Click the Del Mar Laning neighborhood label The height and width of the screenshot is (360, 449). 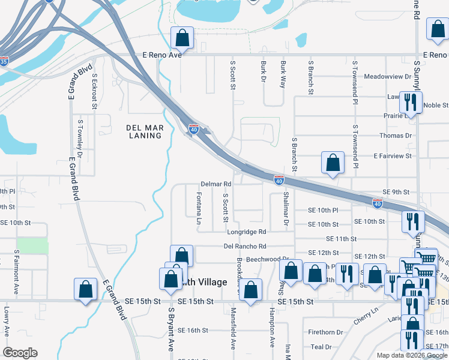pos(145,131)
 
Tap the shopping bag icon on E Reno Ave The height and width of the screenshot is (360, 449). pos(182,38)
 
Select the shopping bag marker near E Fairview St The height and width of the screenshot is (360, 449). pos(333,163)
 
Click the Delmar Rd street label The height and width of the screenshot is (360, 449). pos(216,184)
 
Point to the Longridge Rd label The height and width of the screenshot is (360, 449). pos(246,232)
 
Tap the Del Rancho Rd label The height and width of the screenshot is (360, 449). pos(245,246)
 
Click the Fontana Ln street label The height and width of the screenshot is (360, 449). pos(199,208)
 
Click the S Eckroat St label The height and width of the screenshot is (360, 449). pos(95,91)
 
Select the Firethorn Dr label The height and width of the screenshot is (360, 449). pos(326,332)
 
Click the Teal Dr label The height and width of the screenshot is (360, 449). pos(321,347)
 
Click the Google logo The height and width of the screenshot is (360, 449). pos(20,353)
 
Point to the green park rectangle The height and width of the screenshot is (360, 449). pos(32,245)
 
